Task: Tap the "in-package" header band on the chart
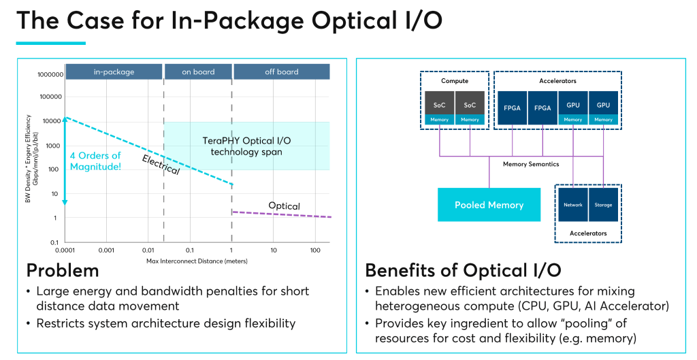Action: [114, 71]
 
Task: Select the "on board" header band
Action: [198, 71]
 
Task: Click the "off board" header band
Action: [282, 71]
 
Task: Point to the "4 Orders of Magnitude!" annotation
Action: [95, 161]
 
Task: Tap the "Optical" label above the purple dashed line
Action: [284, 206]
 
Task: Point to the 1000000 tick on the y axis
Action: [50, 74]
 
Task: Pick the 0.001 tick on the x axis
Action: [106, 250]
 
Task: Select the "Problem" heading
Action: [63, 270]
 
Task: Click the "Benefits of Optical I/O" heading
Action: [463, 270]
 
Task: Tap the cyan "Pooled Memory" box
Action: [489, 205]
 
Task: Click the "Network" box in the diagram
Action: [573, 204]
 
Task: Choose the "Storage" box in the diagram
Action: [603, 204]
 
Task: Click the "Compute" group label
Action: [455, 81]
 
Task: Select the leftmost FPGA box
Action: [513, 107]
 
